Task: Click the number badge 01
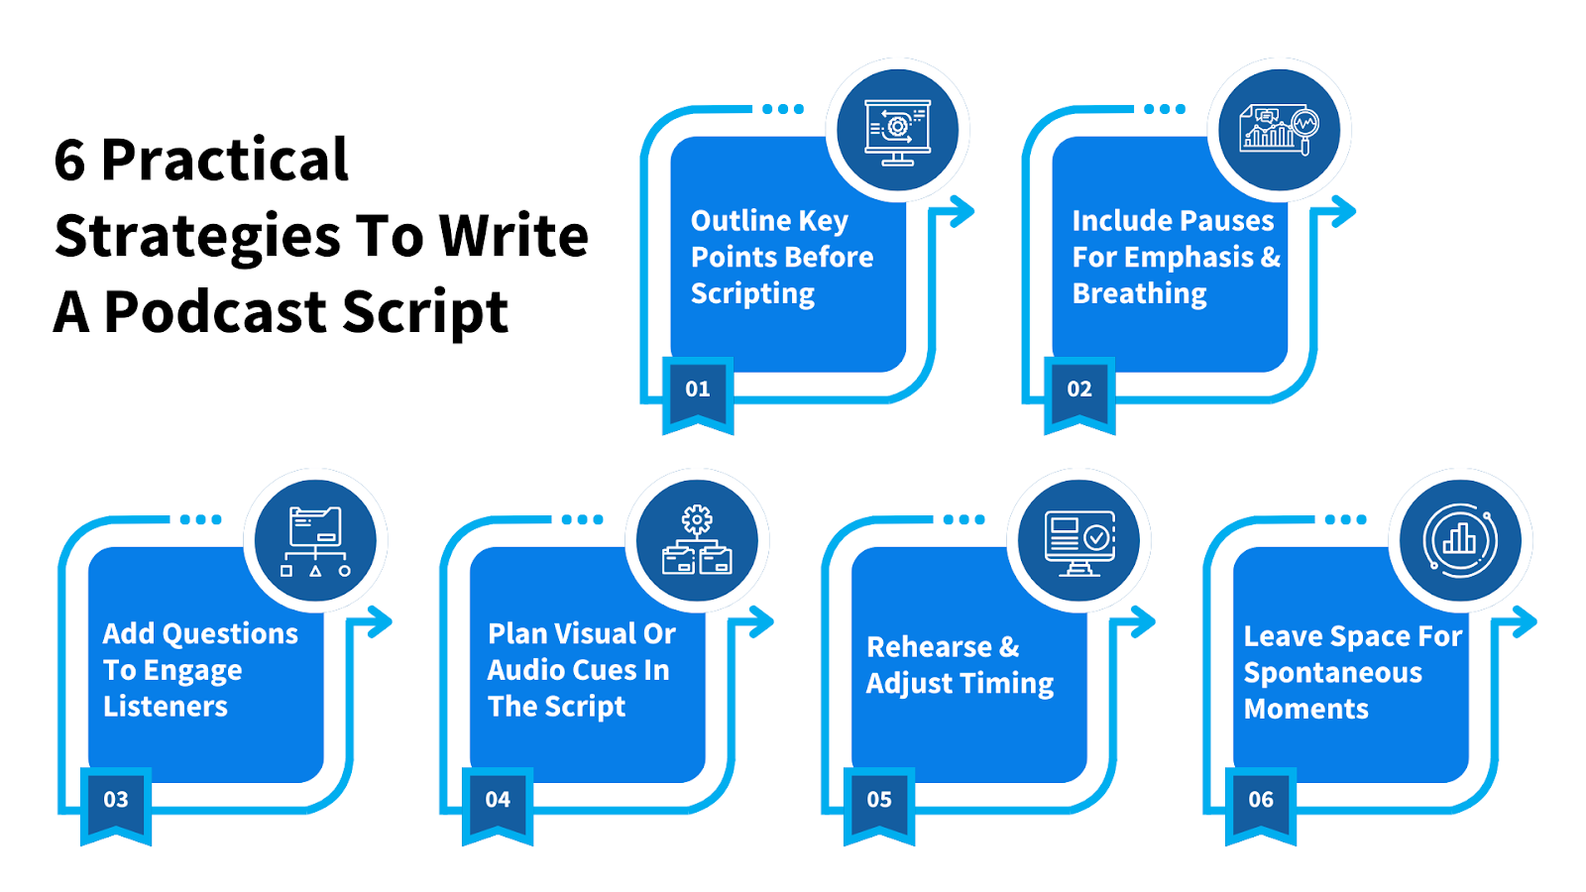click(x=698, y=390)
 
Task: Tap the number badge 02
click(x=1079, y=390)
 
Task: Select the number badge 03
click(x=116, y=800)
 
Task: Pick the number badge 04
click(x=498, y=800)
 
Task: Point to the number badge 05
click(x=879, y=800)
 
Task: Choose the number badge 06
click(x=1261, y=800)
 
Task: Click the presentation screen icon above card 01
click(x=897, y=131)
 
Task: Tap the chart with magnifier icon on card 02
click(x=1279, y=130)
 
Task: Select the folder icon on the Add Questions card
click(x=315, y=541)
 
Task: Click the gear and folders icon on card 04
click(x=697, y=541)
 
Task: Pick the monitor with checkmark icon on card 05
click(x=1078, y=541)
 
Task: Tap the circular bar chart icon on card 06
click(x=1460, y=541)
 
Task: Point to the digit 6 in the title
click(x=69, y=161)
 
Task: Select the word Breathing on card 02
click(x=1139, y=294)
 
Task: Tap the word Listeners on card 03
click(x=166, y=707)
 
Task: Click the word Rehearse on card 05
click(x=929, y=647)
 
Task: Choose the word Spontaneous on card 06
click(x=1332, y=673)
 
